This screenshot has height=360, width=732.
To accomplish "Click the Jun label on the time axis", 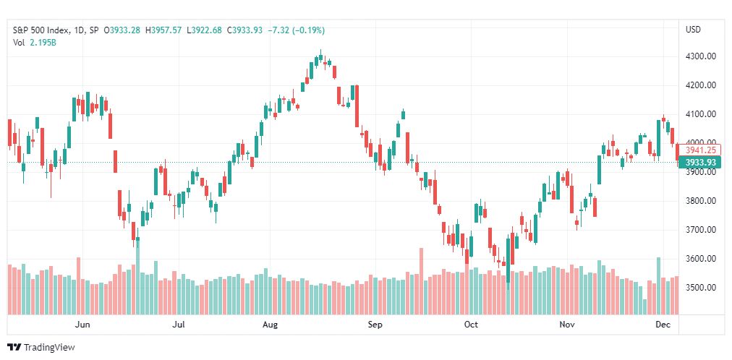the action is [82, 325].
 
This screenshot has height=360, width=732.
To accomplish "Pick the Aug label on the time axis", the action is [270, 325].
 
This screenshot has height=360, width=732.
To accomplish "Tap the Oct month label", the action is [471, 325].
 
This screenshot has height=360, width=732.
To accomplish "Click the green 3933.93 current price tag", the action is [700, 162].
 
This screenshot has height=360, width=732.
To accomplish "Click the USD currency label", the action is [693, 30].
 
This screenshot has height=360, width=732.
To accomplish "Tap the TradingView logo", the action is [41, 348].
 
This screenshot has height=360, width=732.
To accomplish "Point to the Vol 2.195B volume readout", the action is [35, 42].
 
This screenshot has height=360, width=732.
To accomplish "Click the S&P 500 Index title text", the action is [41, 30].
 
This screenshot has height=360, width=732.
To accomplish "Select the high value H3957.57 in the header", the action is [163, 30].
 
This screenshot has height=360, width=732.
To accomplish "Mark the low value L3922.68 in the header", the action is [205, 30].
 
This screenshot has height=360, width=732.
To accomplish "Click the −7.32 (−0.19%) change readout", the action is [297, 30].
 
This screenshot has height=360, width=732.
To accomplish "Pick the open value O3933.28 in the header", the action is [122, 30].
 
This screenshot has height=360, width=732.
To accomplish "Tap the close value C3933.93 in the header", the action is [245, 30].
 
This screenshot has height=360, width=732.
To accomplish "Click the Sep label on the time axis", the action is [375, 325].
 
